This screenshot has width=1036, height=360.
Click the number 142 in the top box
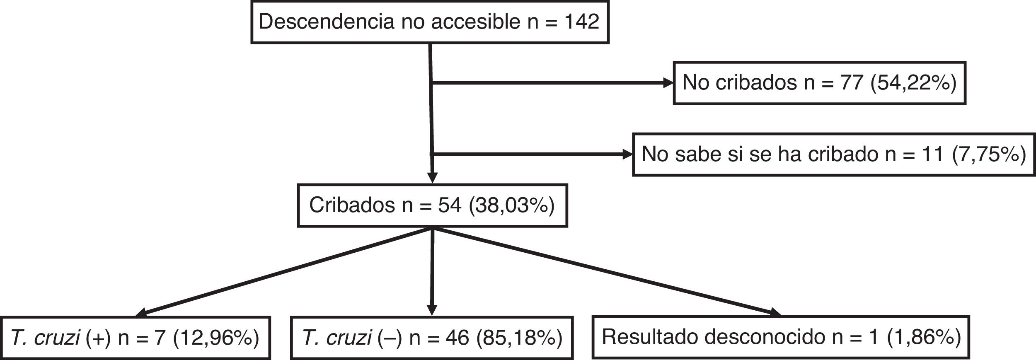click(x=582, y=22)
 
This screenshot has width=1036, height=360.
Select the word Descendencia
click(x=326, y=22)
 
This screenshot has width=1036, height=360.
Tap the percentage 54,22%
click(x=913, y=83)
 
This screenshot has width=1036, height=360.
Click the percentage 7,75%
click(x=989, y=155)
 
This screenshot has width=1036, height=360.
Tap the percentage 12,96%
click(x=216, y=338)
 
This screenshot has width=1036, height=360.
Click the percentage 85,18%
click(x=519, y=338)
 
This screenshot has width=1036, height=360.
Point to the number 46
click(x=457, y=338)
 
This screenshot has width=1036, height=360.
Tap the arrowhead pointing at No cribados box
click(x=668, y=83)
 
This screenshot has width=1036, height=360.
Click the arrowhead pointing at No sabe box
click(x=627, y=155)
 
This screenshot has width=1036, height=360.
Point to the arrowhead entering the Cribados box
click(x=432, y=179)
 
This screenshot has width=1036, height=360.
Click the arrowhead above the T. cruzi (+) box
click(x=141, y=313)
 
